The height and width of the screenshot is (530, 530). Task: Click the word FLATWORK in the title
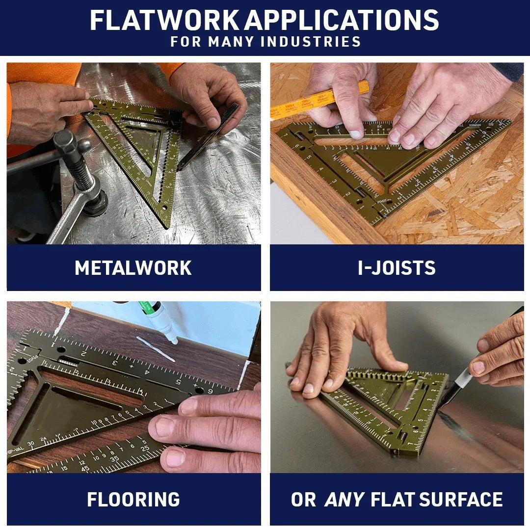[x=165, y=20]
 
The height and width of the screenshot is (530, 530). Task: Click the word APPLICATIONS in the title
[x=342, y=20]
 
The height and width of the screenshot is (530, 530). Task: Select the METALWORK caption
[x=133, y=268]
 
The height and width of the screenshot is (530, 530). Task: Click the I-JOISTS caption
[x=397, y=268]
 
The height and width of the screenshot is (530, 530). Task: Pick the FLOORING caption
[x=133, y=500]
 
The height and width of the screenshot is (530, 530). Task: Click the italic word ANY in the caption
[x=344, y=500]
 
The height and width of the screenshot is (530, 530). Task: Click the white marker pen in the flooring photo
[x=157, y=321]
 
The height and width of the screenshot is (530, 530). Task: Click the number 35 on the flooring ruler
[x=114, y=460]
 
